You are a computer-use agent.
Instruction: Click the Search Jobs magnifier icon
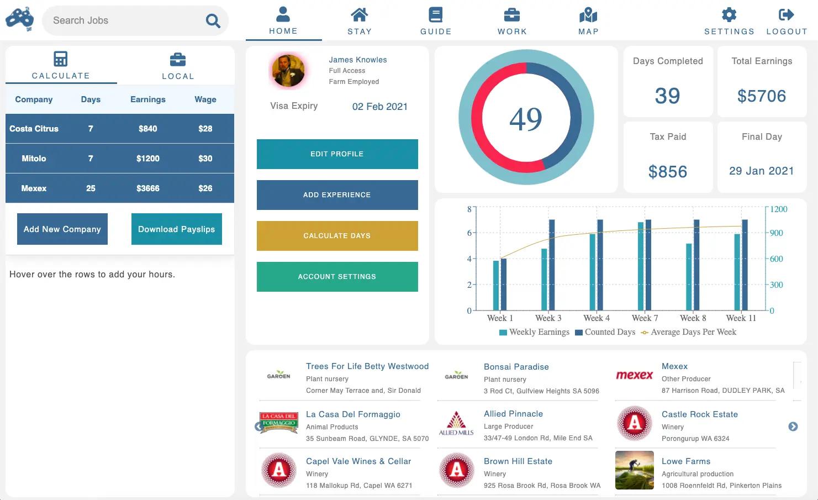click(213, 21)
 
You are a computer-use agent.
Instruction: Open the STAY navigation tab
click(359, 22)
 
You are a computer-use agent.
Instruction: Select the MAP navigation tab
click(588, 22)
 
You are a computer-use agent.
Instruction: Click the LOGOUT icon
click(786, 15)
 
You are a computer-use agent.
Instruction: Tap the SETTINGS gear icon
click(729, 15)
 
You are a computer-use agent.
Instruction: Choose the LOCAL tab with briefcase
click(177, 66)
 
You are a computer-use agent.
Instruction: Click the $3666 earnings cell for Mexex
click(147, 188)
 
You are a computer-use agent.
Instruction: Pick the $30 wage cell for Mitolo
click(205, 159)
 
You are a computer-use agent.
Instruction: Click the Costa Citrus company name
click(34, 129)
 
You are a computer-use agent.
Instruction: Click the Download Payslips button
click(176, 229)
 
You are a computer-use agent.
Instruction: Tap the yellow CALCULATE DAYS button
click(337, 236)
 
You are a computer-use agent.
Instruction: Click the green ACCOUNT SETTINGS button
click(337, 277)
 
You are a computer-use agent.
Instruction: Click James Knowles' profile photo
click(287, 71)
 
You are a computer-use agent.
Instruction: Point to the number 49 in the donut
click(526, 119)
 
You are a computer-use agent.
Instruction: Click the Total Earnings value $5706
click(761, 96)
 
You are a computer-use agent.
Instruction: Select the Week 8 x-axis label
click(693, 318)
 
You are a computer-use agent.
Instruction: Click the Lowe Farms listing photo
click(634, 470)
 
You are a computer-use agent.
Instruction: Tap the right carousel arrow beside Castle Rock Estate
click(793, 427)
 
